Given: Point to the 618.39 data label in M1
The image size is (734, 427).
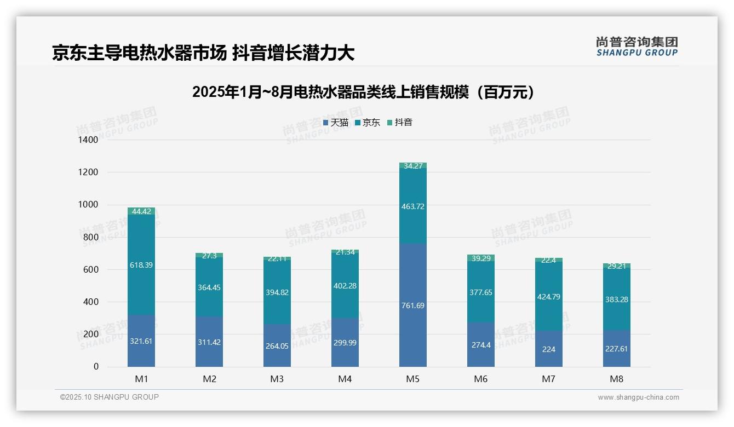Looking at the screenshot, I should click(141, 265).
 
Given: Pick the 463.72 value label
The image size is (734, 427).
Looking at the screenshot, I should click(413, 206).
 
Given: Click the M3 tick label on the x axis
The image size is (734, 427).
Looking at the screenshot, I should click(277, 379).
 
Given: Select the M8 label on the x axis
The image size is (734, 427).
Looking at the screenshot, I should click(617, 379).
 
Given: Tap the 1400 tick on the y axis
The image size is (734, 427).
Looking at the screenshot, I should click(88, 140).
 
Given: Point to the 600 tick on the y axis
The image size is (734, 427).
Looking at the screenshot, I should click(91, 269).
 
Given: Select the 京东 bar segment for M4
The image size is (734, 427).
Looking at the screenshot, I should click(345, 285).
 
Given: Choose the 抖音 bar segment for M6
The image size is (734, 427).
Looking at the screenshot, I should click(481, 258).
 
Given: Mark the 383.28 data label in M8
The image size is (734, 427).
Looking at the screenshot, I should click(617, 299).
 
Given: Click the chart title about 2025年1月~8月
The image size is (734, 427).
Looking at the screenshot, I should click(363, 92).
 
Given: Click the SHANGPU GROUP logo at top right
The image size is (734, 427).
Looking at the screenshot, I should click(636, 47).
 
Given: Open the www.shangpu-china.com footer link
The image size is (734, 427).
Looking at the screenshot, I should click(638, 397).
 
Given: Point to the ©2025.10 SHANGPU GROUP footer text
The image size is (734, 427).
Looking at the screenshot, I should click(110, 397).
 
